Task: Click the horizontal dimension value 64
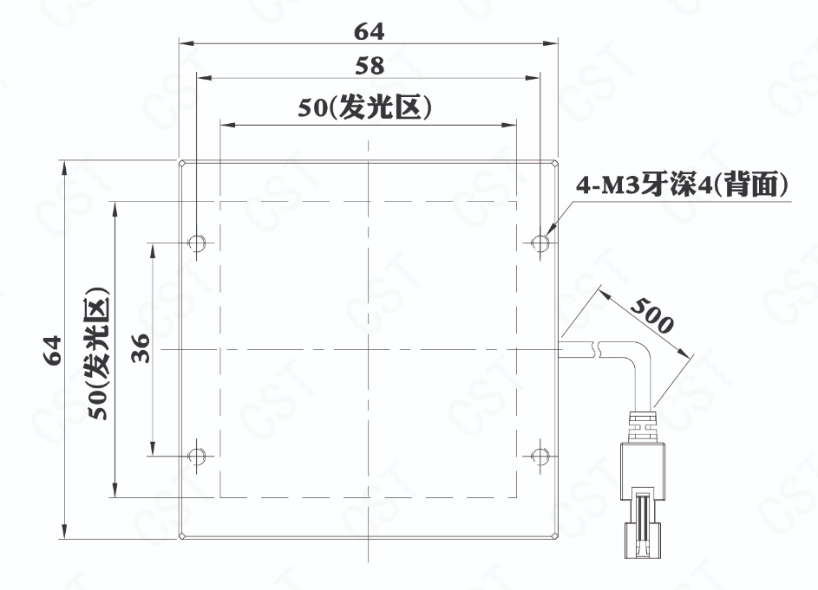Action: pos(369,32)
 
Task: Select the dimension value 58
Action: pos(370,66)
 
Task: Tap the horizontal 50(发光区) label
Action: pos(364,108)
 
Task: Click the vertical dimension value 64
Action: pos(53,350)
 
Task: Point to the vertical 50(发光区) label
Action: pos(99,353)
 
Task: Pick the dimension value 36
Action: pos(141,348)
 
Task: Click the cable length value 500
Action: pos(652,315)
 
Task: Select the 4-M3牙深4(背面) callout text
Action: pos(682,185)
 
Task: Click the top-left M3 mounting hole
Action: pos(196,243)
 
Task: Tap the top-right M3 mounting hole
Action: pos(540,243)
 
